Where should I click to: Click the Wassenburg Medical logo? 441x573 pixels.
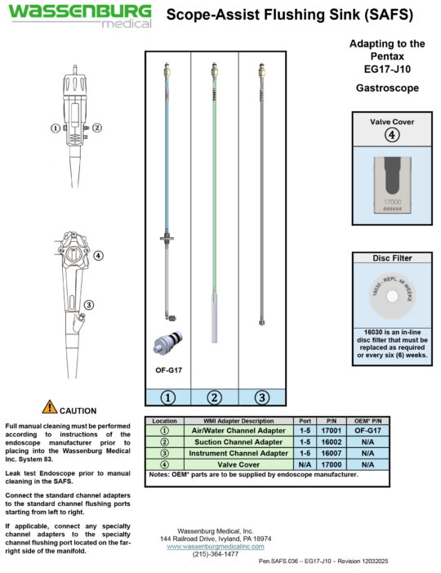coord(79,16)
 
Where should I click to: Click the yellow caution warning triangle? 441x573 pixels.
coord(50,406)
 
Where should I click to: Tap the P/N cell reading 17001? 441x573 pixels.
coord(332,429)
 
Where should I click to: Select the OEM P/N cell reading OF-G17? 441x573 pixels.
coord(367,429)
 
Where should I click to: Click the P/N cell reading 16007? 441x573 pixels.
coord(332,452)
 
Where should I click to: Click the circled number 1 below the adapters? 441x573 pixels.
coord(167,397)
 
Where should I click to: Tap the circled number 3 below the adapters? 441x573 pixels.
coord(261,397)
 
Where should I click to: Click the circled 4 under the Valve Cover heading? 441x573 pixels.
coord(392,135)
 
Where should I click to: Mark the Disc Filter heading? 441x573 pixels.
coord(392,257)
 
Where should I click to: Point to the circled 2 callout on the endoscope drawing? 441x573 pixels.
coord(96,128)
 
